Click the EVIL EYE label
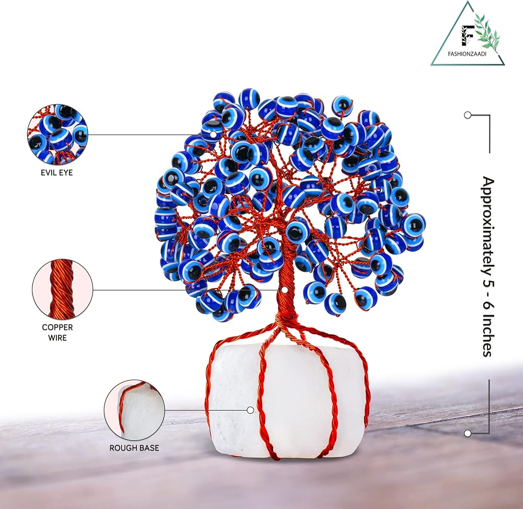point(58,172)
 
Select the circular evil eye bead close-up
point(58,135)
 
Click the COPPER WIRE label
point(58,333)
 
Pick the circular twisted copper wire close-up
point(62,290)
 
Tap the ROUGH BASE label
point(134,448)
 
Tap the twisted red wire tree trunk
point(285,304)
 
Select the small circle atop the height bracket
point(468,115)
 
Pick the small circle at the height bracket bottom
point(468,433)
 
